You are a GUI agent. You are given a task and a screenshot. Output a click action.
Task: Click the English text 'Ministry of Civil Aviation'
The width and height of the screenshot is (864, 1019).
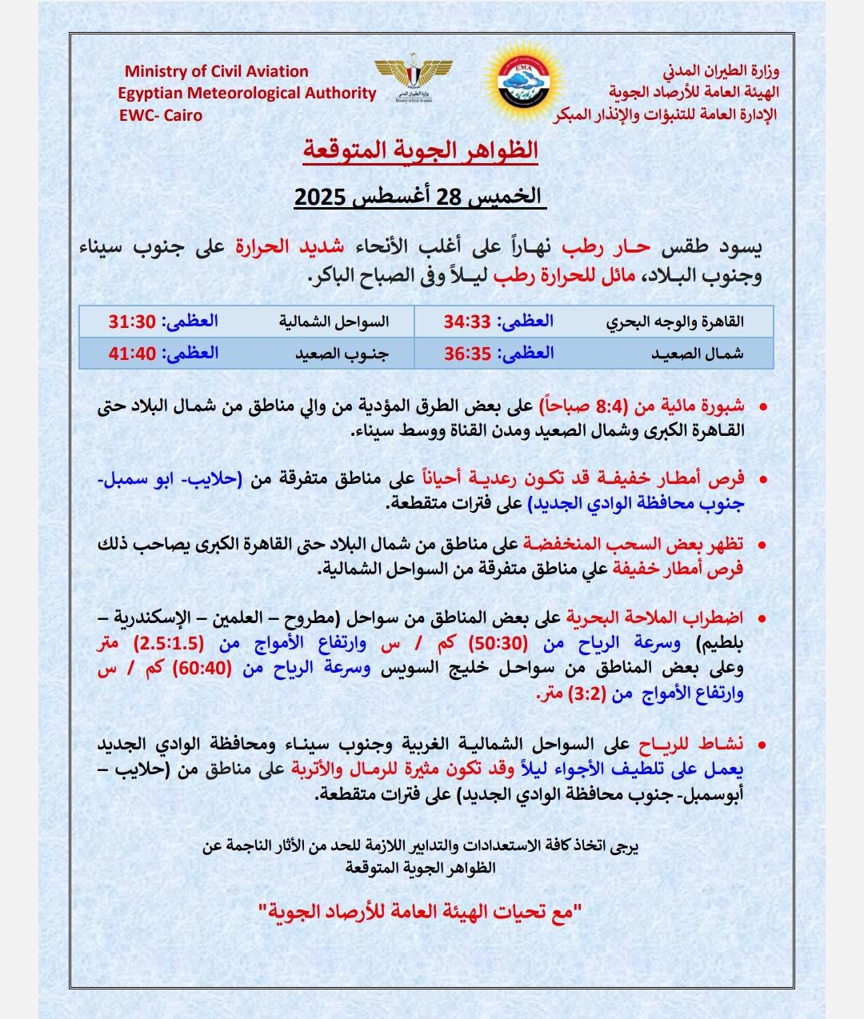click(216, 71)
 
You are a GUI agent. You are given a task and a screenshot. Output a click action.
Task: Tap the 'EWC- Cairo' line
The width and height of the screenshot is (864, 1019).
click(161, 114)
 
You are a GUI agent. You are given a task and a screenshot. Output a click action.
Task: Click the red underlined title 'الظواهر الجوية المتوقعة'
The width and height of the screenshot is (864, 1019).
click(420, 150)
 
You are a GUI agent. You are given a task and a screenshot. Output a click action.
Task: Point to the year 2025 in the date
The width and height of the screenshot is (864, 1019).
click(319, 197)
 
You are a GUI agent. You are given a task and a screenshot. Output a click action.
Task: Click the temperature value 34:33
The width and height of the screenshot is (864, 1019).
click(467, 322)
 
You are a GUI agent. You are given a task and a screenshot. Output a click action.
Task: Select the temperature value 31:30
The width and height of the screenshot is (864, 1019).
click(131, 322)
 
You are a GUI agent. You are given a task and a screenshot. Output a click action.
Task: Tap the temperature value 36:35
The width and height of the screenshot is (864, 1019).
click(467, 353)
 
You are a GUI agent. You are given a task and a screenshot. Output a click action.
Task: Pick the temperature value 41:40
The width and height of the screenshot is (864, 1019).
click(131, 353)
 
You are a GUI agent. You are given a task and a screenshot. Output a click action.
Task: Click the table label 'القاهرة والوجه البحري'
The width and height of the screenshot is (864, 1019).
click(674, 322)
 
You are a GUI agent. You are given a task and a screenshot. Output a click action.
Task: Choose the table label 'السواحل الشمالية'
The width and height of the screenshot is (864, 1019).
click(334, 322)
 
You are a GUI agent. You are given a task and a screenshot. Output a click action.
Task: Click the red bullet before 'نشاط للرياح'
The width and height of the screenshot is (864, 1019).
click(762, 745)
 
